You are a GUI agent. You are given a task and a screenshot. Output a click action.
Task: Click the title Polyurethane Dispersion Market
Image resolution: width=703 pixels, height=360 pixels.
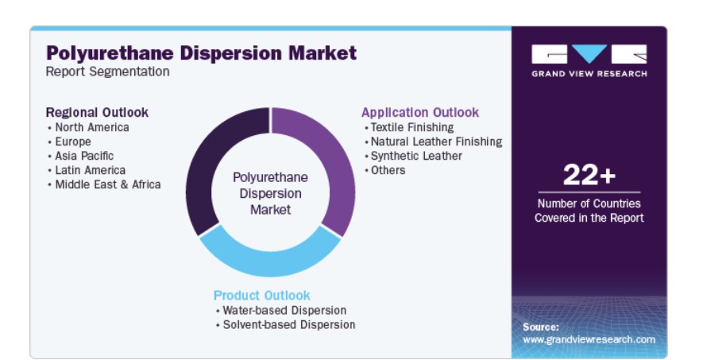201,53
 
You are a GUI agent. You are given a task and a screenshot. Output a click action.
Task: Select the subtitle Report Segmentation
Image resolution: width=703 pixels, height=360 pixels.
107,72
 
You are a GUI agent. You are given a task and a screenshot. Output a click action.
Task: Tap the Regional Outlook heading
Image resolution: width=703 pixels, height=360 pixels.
97,112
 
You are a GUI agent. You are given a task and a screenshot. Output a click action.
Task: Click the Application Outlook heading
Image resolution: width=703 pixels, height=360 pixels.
420,113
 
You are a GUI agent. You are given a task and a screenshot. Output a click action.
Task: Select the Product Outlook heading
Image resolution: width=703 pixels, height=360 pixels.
262,296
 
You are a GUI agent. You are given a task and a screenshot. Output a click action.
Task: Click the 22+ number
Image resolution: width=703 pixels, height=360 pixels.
589,175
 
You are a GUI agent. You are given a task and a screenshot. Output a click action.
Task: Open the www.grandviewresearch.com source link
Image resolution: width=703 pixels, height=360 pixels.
589,340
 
